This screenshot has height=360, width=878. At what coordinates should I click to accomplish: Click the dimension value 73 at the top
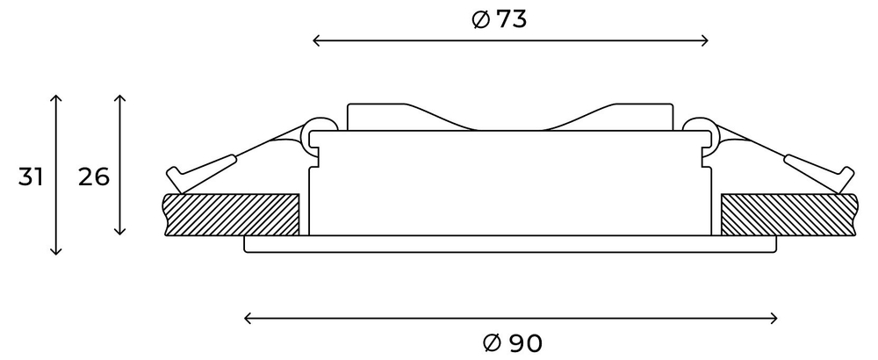(511, 19)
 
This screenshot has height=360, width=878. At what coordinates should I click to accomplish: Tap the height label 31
(31, 176)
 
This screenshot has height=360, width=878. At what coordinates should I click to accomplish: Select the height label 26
(94, 176)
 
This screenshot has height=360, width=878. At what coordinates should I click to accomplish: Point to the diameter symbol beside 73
(480, 20)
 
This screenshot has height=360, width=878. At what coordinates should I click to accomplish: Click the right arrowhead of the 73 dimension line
(705, 40)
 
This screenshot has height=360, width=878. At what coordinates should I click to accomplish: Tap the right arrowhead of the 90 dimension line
(774, 317)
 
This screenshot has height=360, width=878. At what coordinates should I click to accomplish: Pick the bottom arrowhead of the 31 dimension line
(56, 251)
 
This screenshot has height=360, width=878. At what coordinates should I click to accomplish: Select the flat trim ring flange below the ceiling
(509, 244)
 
